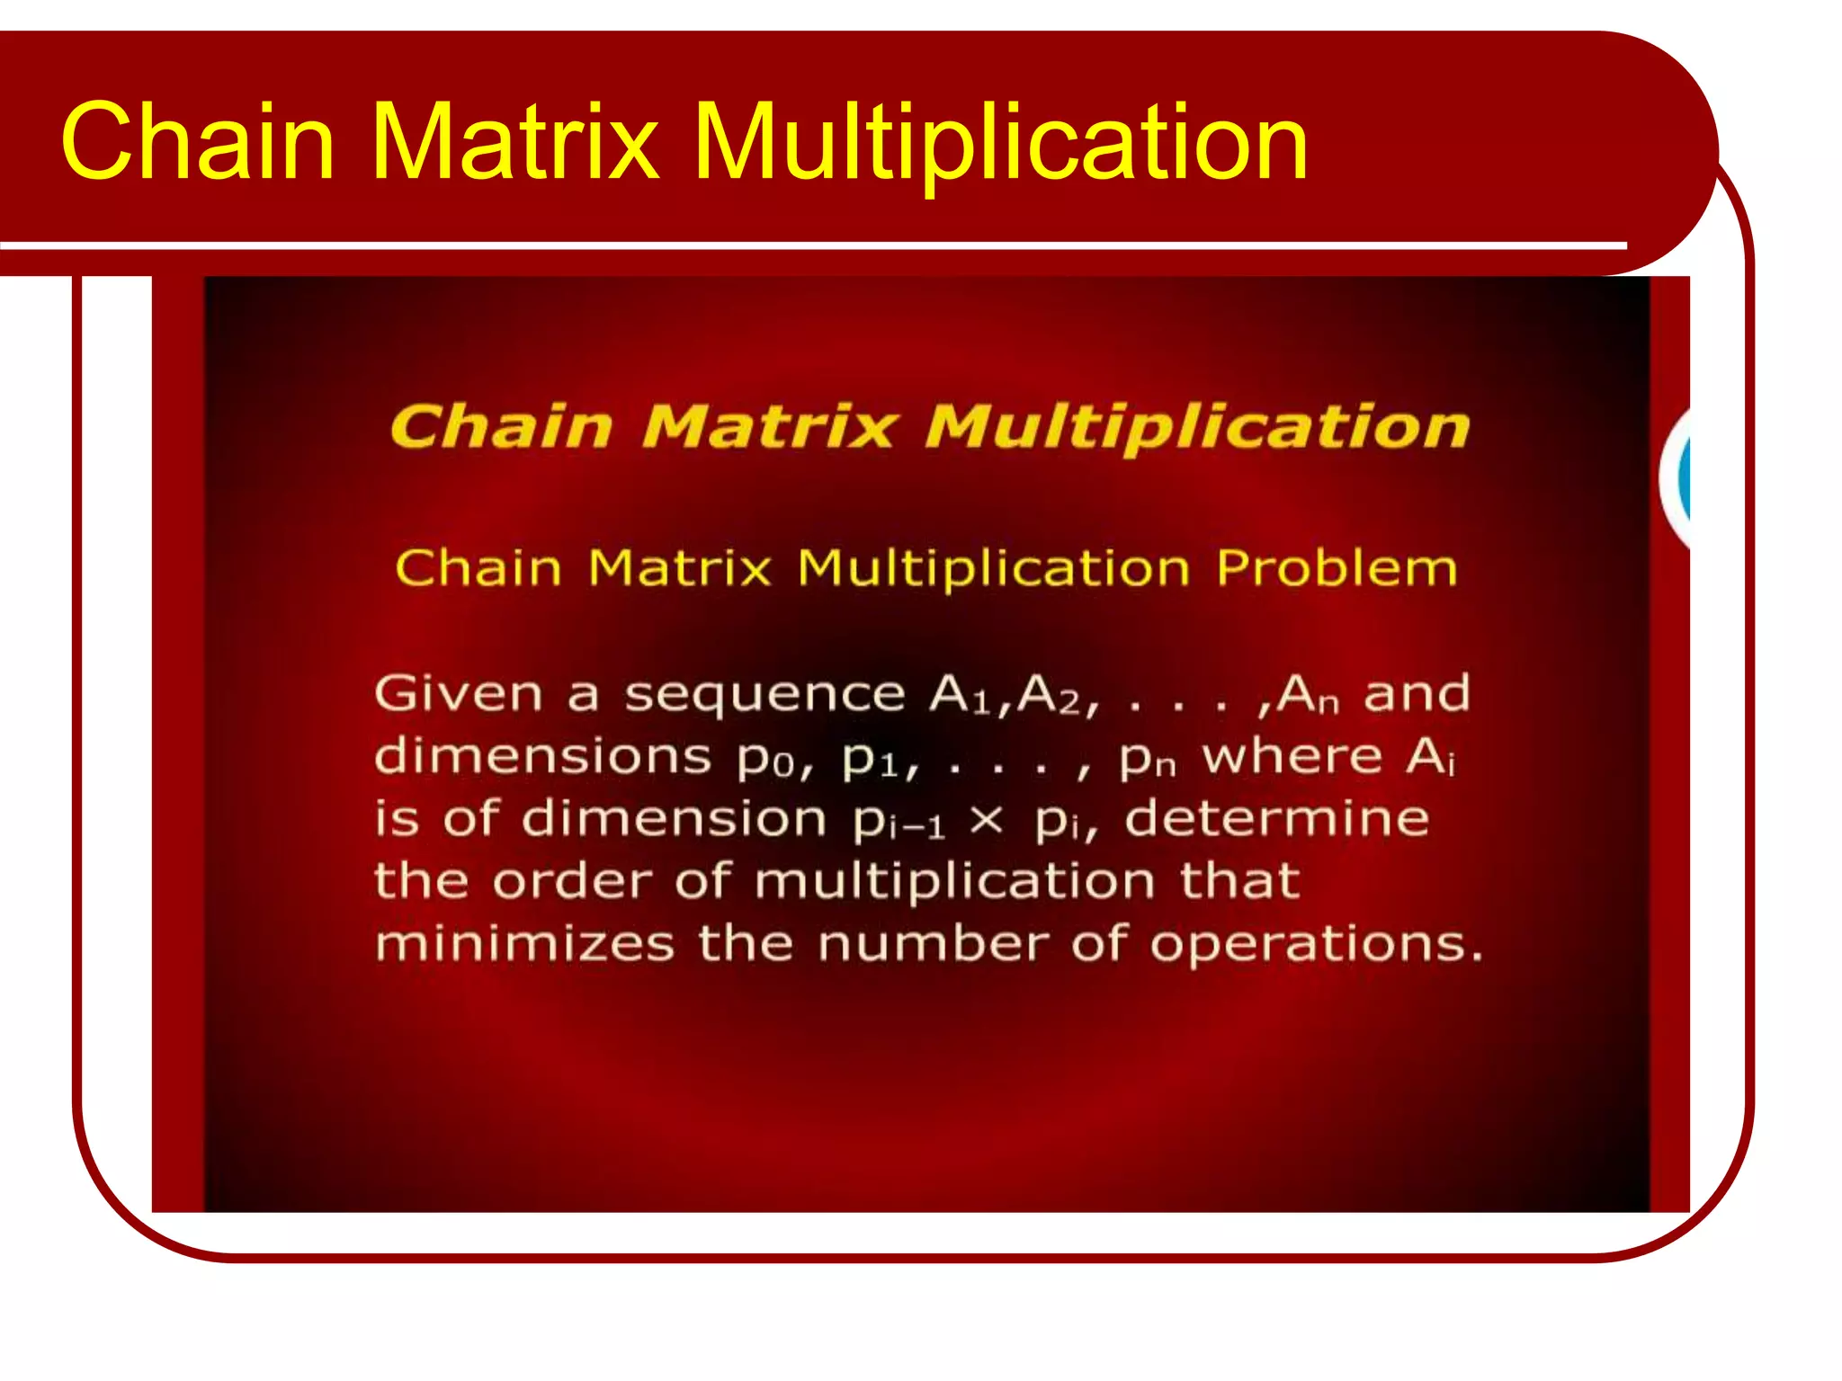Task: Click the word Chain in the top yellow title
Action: click(198, 142)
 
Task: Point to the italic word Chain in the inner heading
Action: click(502, 426)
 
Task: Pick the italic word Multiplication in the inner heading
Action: click(1198, 428)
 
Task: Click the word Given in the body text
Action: click(459, 694)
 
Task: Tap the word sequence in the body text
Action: click(765, 696)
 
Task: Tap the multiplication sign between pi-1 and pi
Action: click(987, 820)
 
